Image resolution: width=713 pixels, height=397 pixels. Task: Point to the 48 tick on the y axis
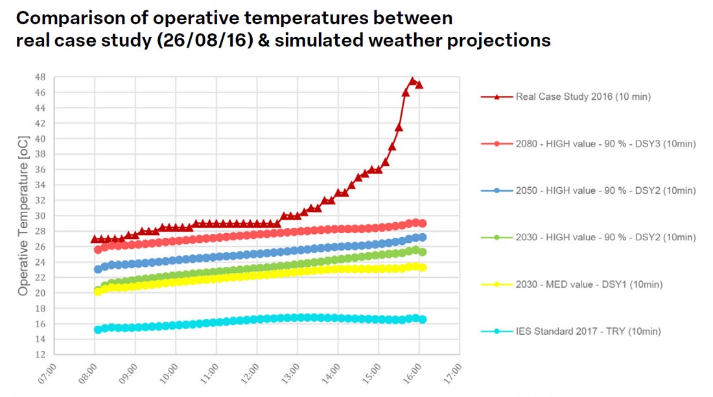(x=40, y=77)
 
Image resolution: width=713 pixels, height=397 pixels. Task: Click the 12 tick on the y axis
(x=40, y=354)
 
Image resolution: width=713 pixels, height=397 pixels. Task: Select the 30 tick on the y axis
(x=40, y=216)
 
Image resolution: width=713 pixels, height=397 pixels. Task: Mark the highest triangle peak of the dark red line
(x=412, y=81)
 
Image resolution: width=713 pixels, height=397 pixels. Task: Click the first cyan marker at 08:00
(x=98, y=330)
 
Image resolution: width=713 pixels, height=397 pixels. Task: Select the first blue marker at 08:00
(x=98, y=269)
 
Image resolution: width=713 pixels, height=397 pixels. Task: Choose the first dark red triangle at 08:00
(x=95, y=239)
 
